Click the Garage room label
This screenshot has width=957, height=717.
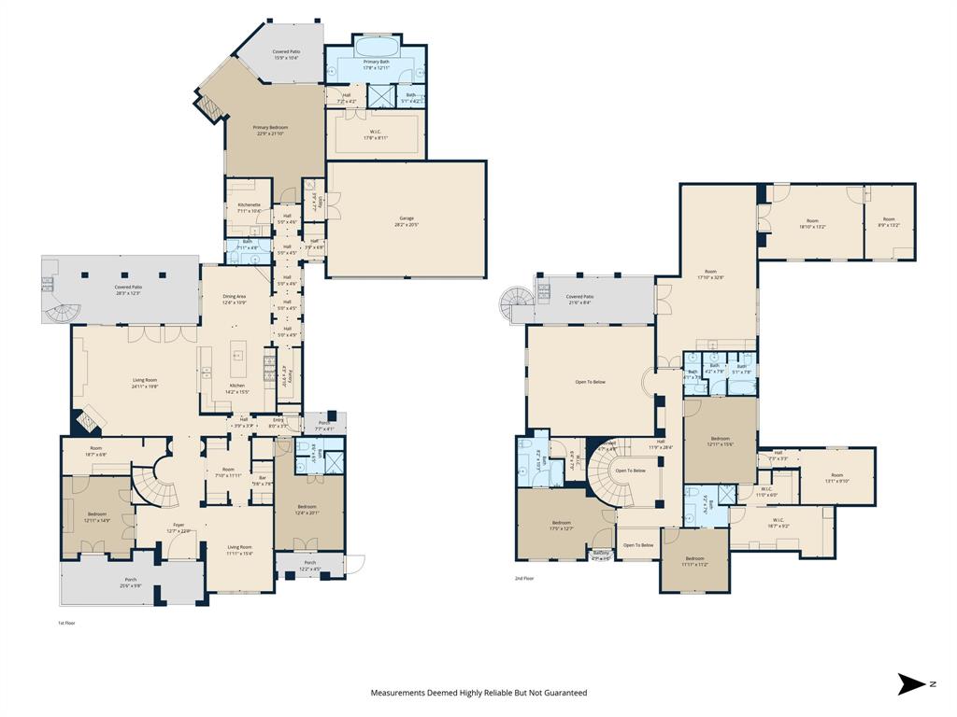click(407, 218)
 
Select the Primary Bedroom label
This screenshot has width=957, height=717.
click(272, 127)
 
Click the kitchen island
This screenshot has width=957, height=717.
click(237, 355)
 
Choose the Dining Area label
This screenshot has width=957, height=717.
click(235, 296)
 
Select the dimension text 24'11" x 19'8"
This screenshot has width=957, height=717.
click(144, 386)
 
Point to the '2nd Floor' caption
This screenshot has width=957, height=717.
click(525, 578)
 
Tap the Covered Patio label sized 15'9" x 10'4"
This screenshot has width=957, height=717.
click(286, 51)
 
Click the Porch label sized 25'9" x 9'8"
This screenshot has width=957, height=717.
click(131, 580)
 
